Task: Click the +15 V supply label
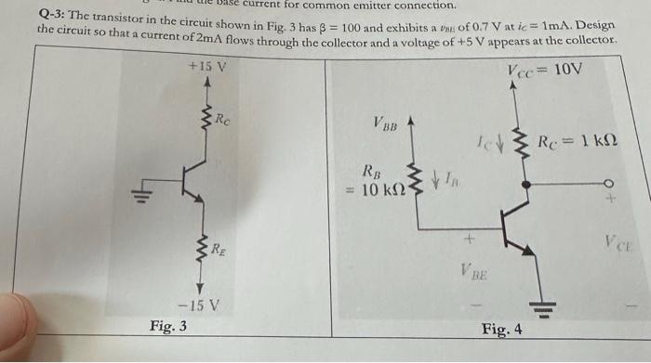207,68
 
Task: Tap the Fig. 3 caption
168,326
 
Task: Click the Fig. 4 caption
501,330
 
